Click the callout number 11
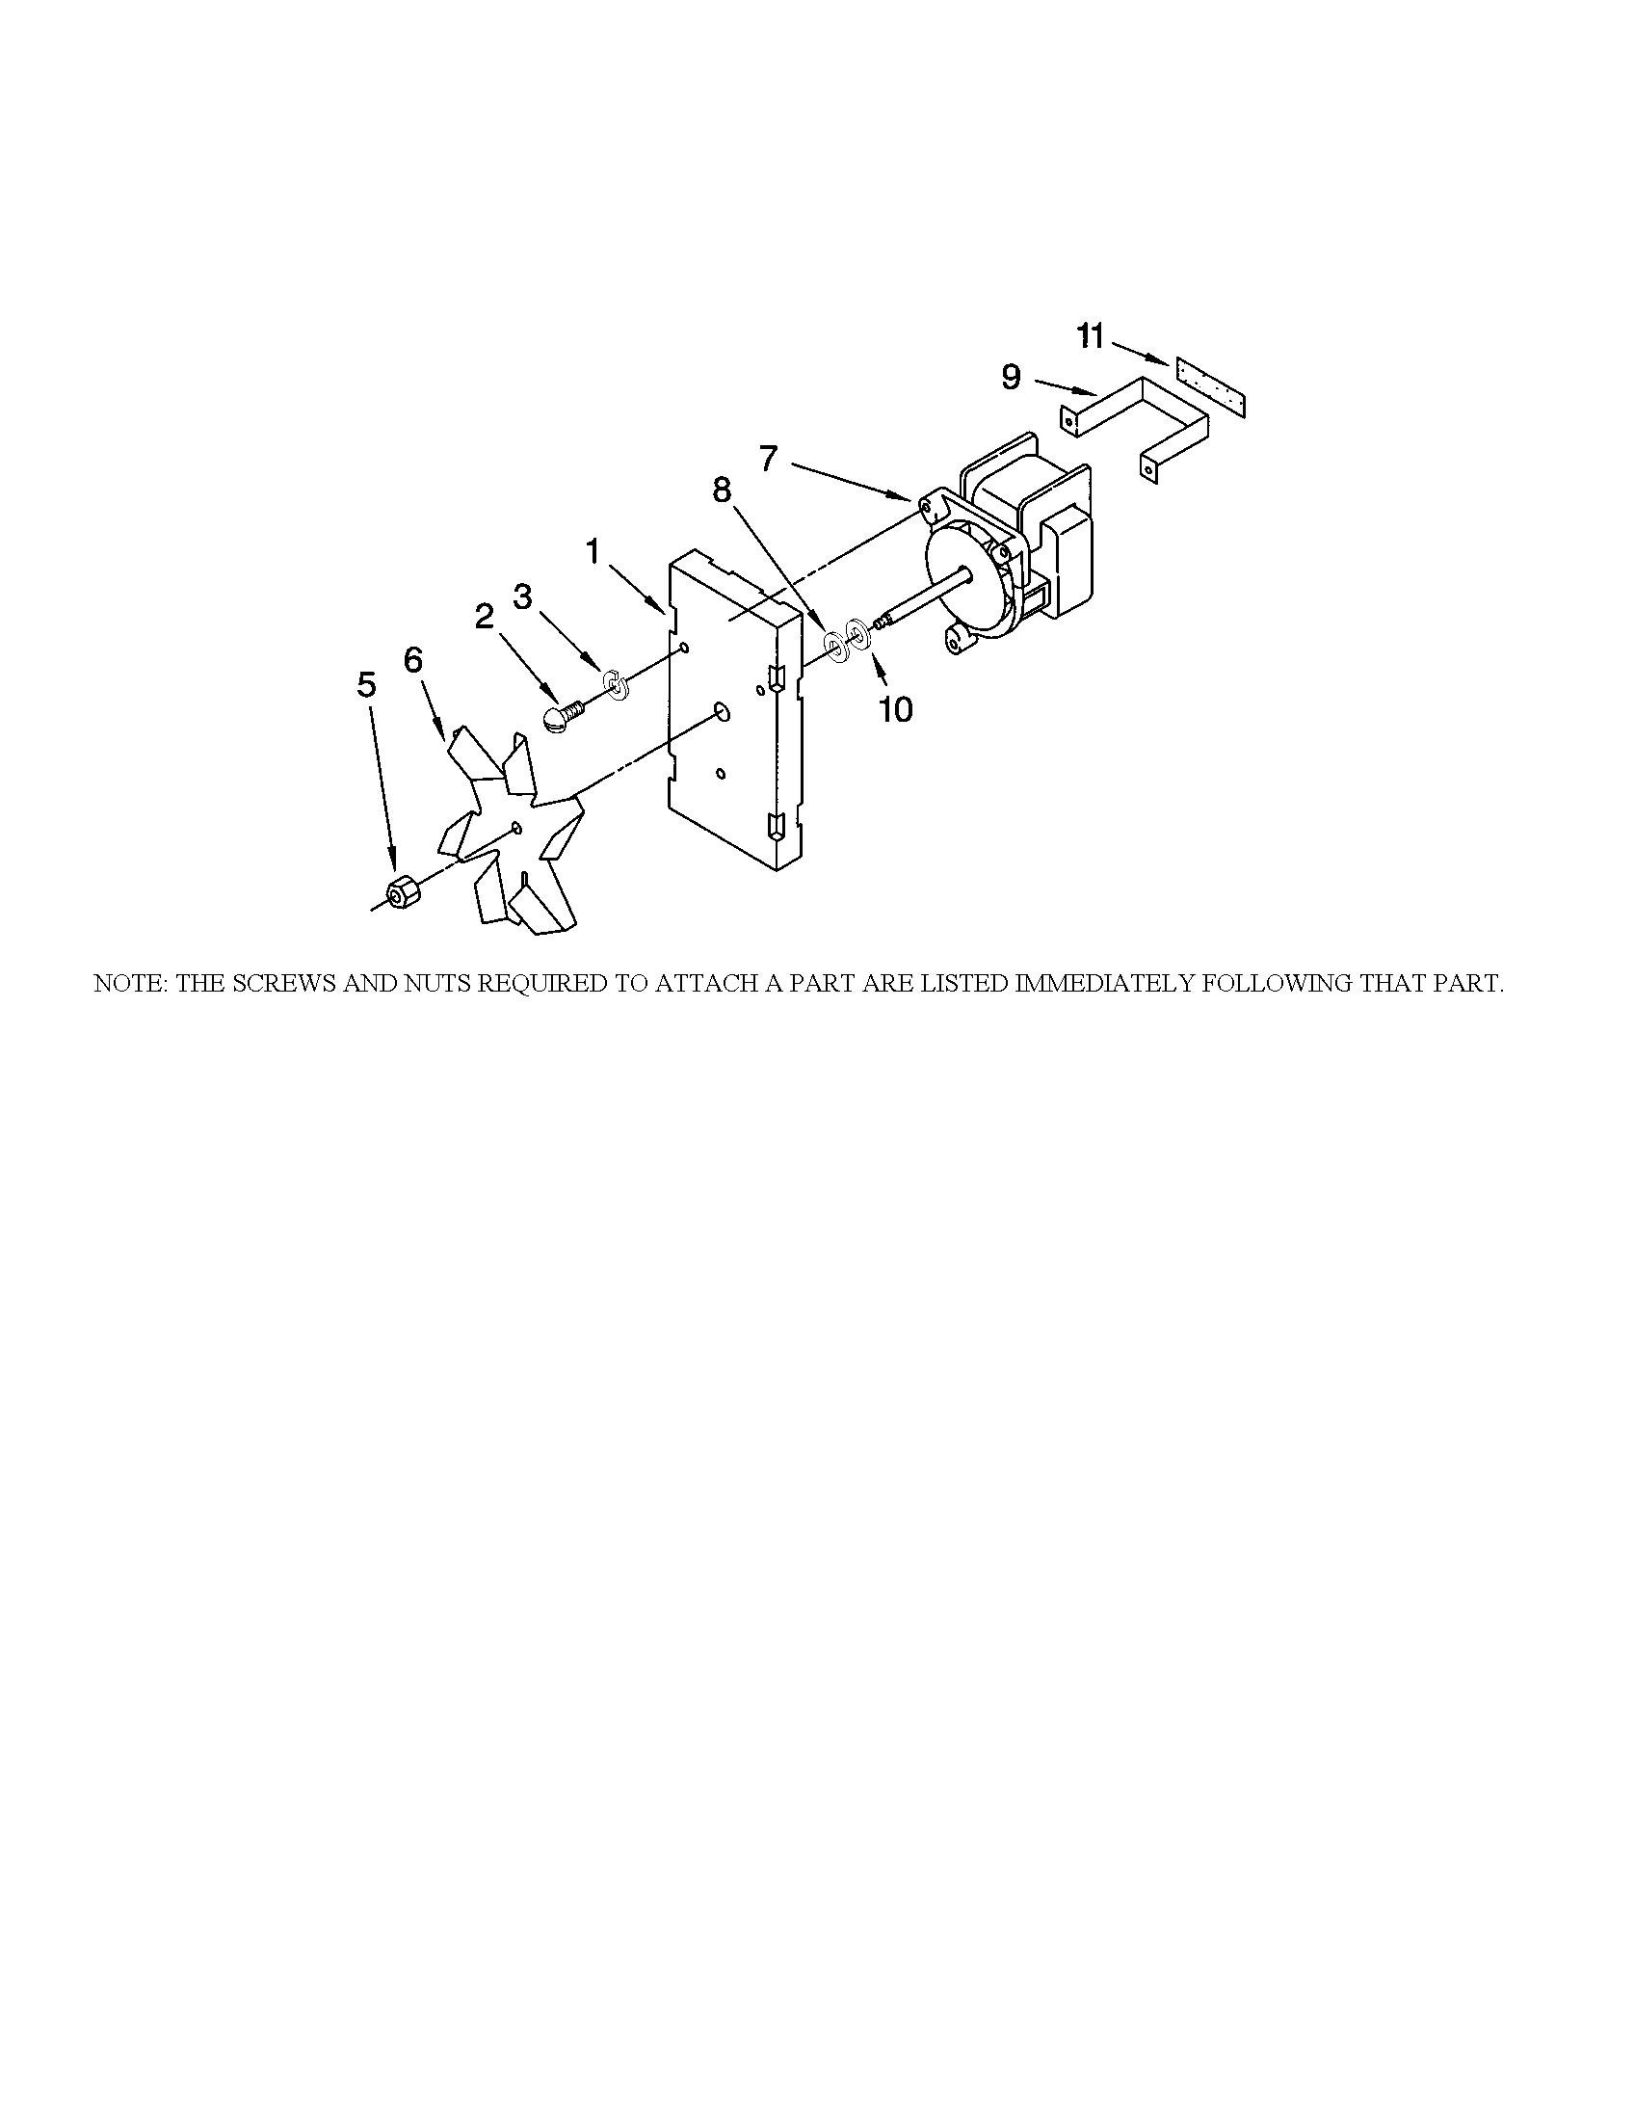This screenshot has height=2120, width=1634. (x=1091, y=337)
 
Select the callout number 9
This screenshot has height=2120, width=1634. (x=1011, y=377)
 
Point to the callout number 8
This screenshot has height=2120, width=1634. (x=722, y=490)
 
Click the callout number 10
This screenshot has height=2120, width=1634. (x=896, y=709)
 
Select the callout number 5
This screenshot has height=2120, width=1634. (x=366, y=684)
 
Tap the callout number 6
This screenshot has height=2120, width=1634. (x=413, y=660)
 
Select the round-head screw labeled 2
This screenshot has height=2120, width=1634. (x=560, y=719)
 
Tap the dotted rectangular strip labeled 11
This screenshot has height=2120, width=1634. (x=1209, y=386)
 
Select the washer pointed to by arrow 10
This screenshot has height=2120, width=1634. (x=858, y=637)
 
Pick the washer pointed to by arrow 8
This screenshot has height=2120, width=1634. (x=835, y=644)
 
